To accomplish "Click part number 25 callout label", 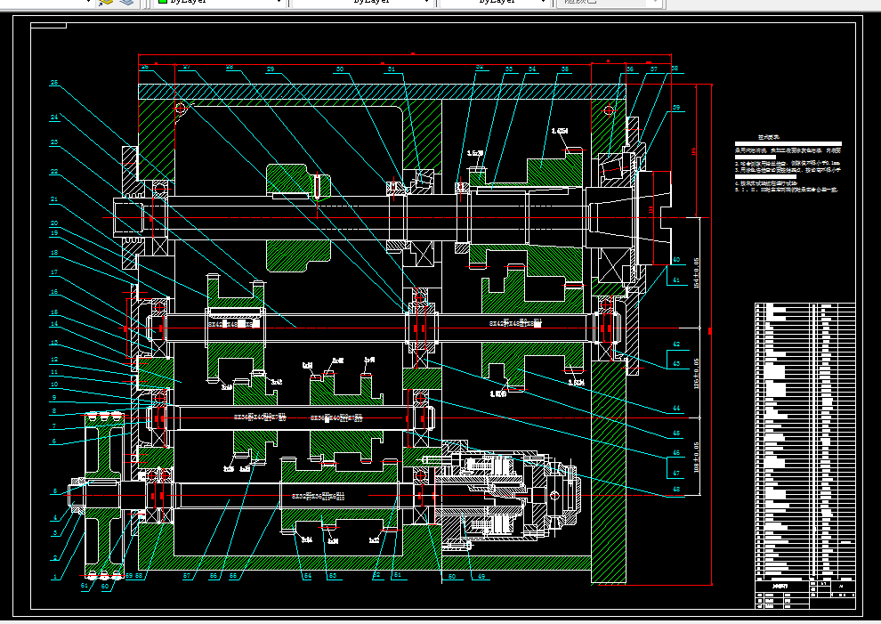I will tap(53, 84).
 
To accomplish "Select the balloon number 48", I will tap(675, 489).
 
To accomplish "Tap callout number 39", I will tap(676, 108).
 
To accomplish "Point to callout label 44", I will tap(676, 409).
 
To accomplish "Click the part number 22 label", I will tap(53, 171).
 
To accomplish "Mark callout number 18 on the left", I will tap(53, 253).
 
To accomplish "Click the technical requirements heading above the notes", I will tap(768, 138).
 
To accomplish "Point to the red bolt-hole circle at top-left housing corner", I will tap(180, 109).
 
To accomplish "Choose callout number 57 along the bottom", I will tap(187, 577).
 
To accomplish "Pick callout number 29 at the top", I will tap(271, 69).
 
